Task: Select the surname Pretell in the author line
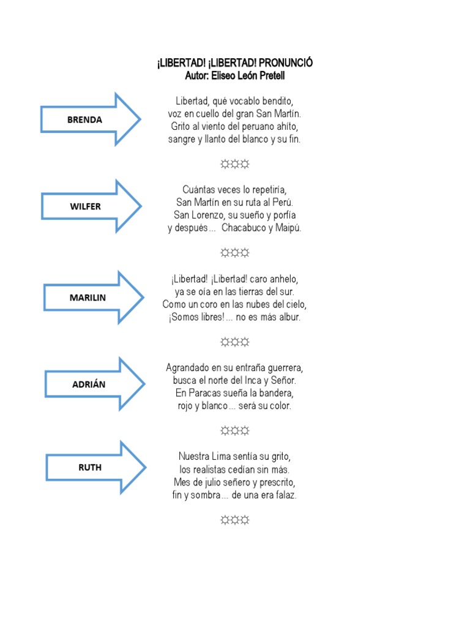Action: click(269, 76)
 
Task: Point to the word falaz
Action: click(285, 495)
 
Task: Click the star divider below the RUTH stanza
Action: click(235, 520)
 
